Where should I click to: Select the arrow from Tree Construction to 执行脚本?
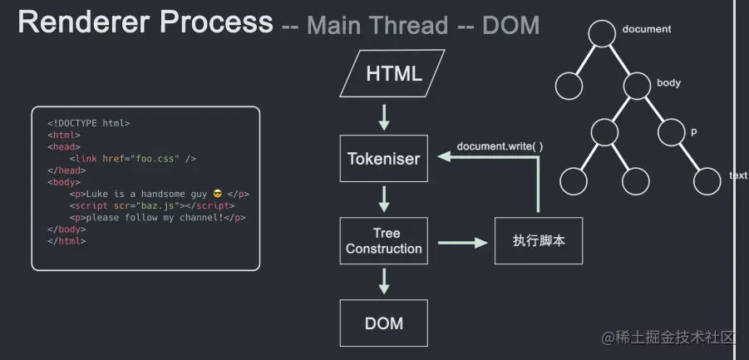click(462, 243)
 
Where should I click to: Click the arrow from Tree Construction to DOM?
click(383, 281)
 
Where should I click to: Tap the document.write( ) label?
click(500, 146)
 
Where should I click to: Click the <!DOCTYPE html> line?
click(89, 123)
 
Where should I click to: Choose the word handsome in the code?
click(163, 194)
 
